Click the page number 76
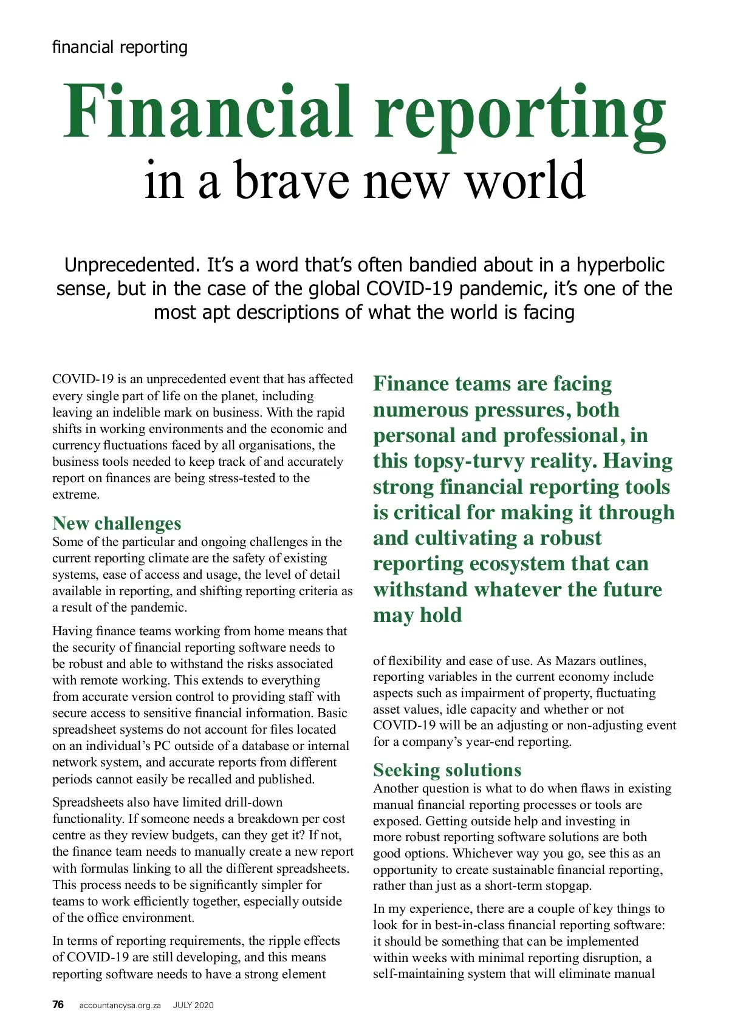pyautogui.click(x=58, y=1004)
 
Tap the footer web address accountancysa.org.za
pyautogui.click(x=120, y=1005)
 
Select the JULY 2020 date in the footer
pyautogui.click(x=193, y=1005)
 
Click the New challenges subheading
pyautogui.click(x=117, y=523)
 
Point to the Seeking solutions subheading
pyautogui.click(x=447, y=769)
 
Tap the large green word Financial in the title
pyautogui.click(x=208, y=112)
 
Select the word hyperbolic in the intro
pyautogui.click(x=620, y=265)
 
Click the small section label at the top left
pyautogui.click(x=120, y=47)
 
